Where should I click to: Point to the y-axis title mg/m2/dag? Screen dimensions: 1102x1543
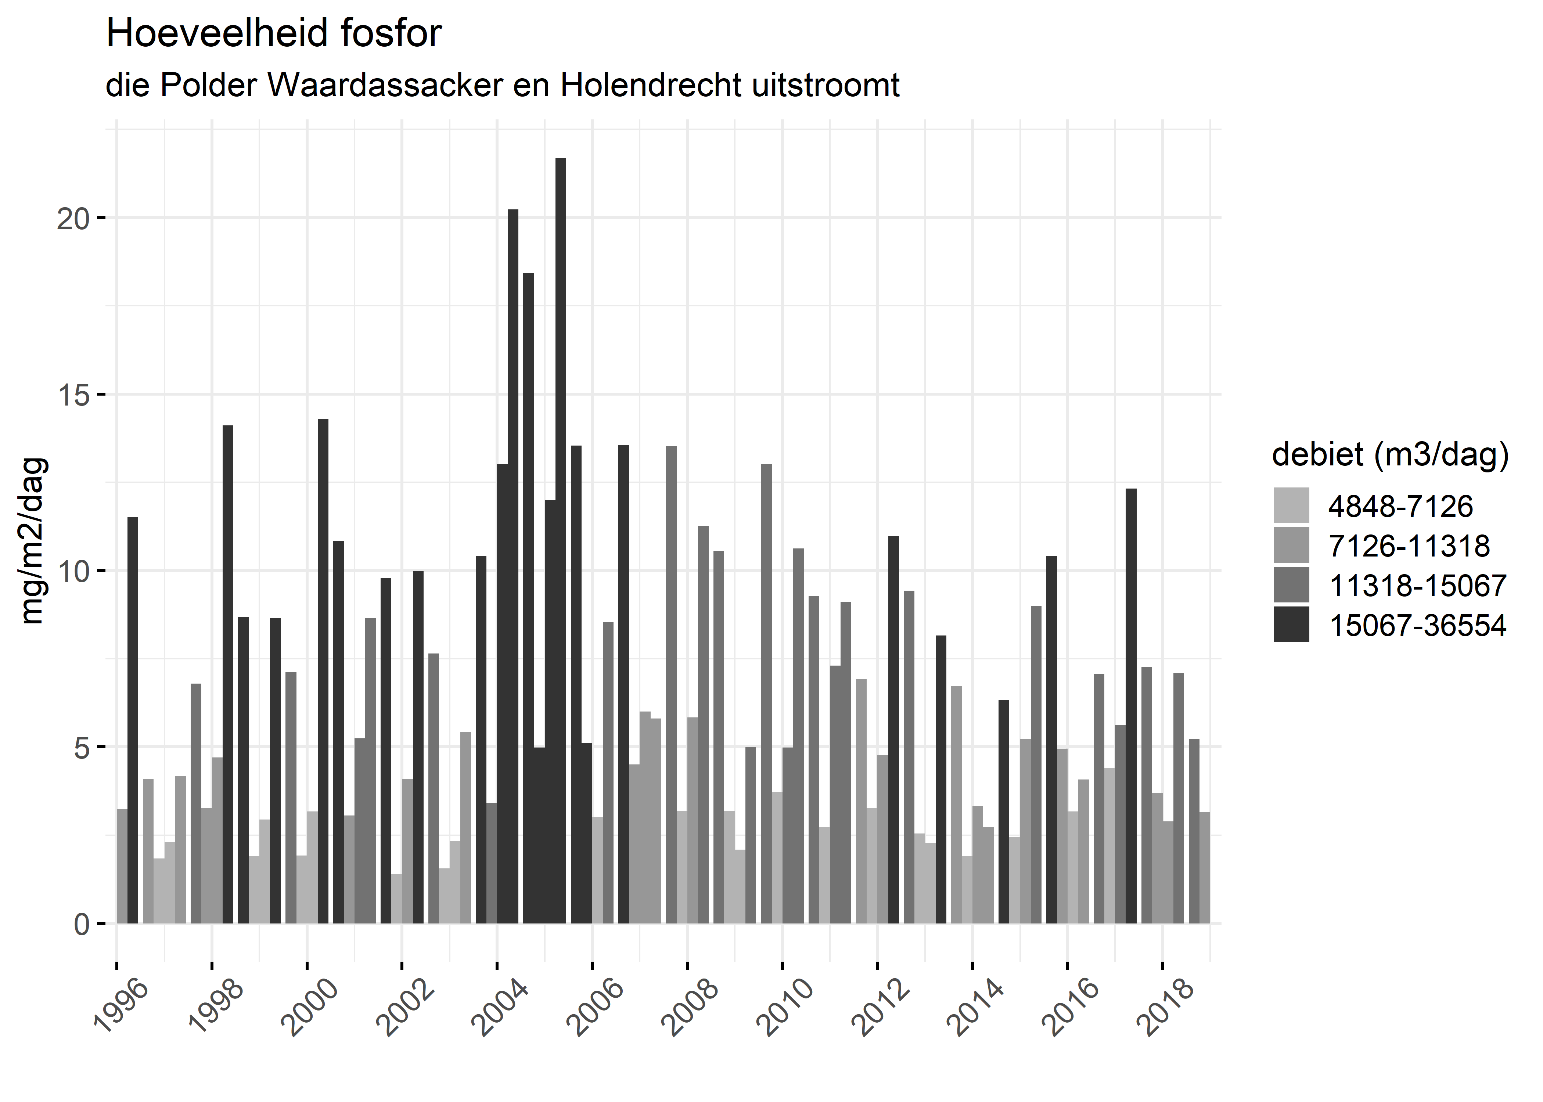[x=33, y=541]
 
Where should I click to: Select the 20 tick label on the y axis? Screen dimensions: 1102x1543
[x=73, y=219]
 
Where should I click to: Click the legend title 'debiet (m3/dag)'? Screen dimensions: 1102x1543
[x=1390, y=455]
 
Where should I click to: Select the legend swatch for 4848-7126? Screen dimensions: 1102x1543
[x=1291, y=505]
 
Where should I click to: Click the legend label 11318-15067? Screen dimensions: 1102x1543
[x=1417, y=586]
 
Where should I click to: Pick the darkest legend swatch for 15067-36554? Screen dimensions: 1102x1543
[x=1291, y=624]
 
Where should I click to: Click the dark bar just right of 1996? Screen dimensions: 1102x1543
[x=133, y=719]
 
